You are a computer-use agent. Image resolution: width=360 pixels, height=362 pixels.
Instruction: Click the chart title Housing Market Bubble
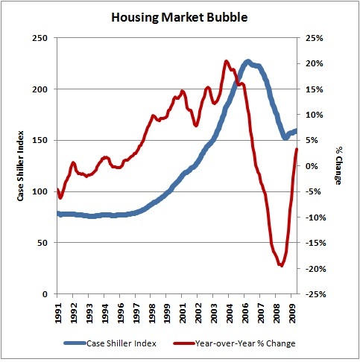[x=179, y=15]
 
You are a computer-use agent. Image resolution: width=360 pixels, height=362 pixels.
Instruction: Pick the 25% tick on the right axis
[x=314, y=38]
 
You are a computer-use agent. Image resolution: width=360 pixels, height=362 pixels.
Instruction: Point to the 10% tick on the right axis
[x=314, y=115]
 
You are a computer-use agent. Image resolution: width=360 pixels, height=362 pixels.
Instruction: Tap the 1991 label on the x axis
[x=58, y=311]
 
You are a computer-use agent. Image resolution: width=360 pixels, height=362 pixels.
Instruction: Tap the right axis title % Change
[x=339, y=165]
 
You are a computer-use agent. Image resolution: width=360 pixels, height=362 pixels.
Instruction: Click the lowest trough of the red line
[x=281, y=265]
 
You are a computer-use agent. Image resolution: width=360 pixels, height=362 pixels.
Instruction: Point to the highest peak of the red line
[x=227, y=61]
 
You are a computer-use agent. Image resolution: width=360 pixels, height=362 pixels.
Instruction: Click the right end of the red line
[x=297, y=150]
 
